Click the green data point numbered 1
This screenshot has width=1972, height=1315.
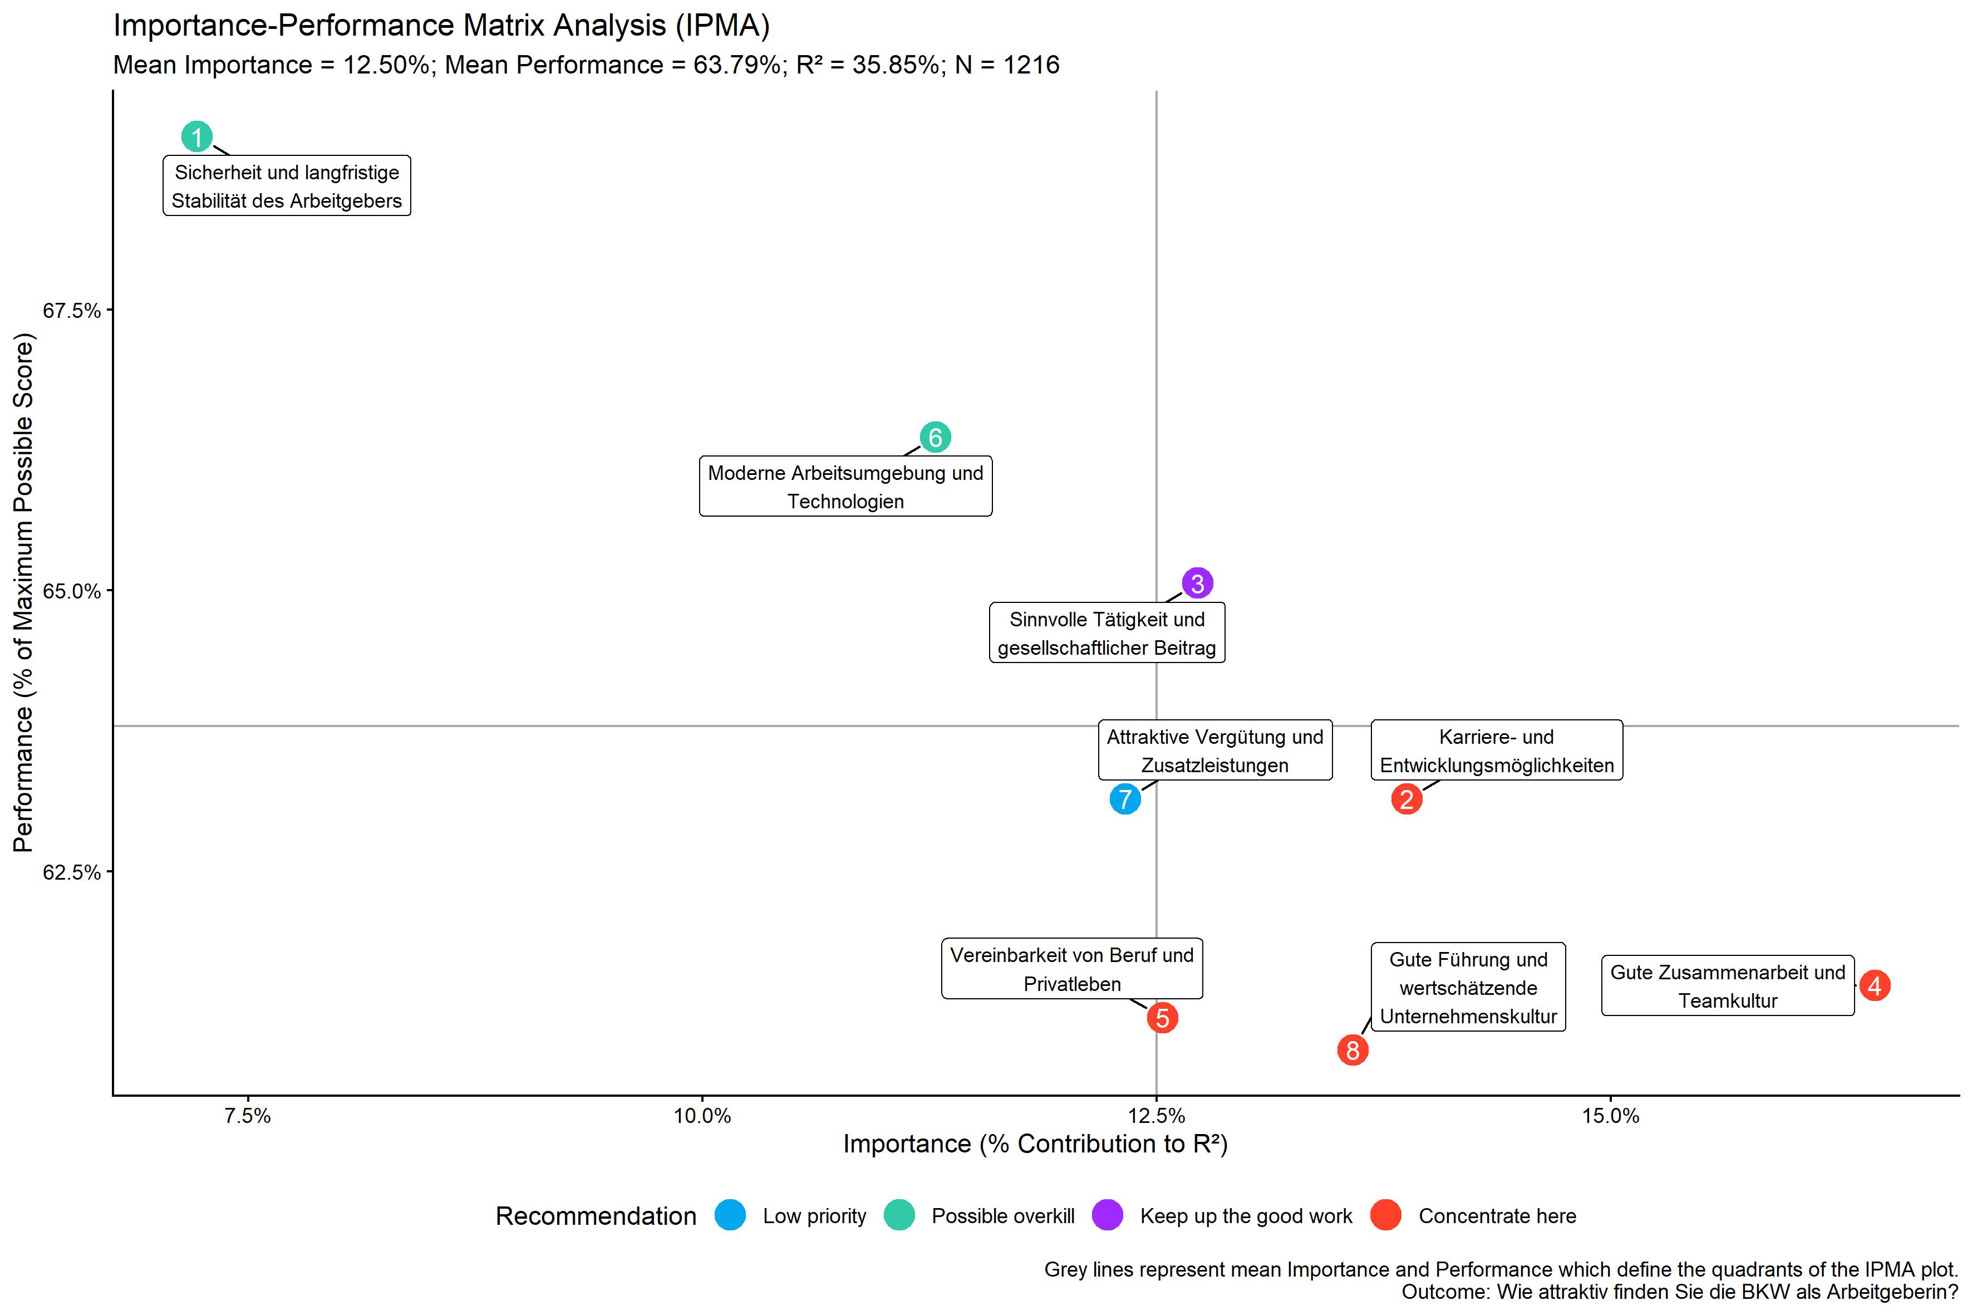[x=197, y=137]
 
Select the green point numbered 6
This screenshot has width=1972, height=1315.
[x=935, y=437]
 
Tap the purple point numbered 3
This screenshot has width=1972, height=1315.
[x=1197, y=583]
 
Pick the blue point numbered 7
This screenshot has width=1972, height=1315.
[x=1125, y=799]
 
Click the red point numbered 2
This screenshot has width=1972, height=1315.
[x=1407, y=799]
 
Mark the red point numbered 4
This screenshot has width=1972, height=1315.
[x=1875, y=985]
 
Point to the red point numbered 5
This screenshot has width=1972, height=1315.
[x=1162, y=1018]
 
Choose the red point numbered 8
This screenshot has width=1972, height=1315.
[x=1353, y=1050]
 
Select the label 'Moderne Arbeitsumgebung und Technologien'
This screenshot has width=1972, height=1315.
[x=845, y=487]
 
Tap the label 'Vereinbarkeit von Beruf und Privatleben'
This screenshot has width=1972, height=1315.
[x=1071, y=969]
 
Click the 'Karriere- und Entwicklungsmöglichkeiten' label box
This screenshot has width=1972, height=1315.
[x=1497, y=750]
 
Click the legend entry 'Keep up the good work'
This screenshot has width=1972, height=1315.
[x=1245, y=1216]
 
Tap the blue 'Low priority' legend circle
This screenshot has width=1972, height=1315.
[x=730, y=1215]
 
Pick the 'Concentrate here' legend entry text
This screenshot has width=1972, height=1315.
[x=1497, y=1216]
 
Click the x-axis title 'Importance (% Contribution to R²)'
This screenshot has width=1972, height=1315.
[x=1035, y=1144]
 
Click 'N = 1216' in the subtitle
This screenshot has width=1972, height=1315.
[x=1007, y=65]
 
